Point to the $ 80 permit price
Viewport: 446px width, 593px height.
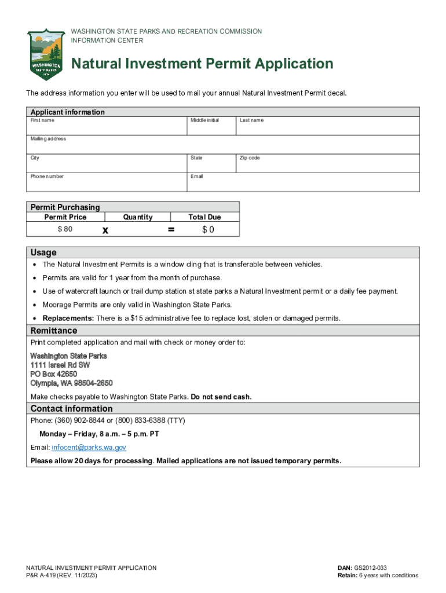point(65,229)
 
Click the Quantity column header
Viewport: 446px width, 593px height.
point(138,217)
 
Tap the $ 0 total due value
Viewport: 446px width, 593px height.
point(208,230)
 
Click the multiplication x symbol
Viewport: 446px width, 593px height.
point(105,230)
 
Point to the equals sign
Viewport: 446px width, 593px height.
point(171,230)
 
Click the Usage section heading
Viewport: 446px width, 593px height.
point(43,252)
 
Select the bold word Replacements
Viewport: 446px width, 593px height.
point(68,319)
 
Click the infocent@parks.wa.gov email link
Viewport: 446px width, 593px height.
point(89,448)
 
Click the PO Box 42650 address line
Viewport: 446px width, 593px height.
point(53,374)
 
